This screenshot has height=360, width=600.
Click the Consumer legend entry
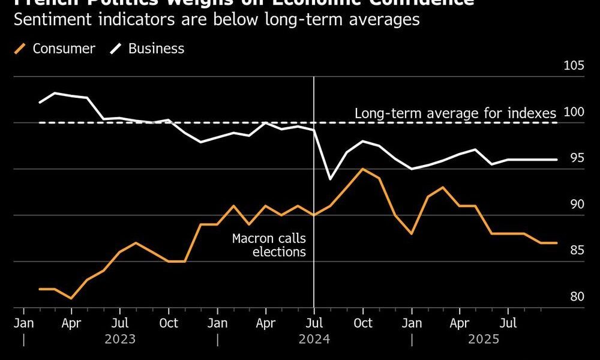pos(63,49)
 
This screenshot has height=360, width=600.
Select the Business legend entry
pos(156,49)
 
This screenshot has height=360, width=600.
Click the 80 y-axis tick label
pos(577,297)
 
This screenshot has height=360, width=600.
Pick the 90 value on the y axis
pos(577,205)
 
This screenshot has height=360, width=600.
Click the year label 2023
pos(120,339)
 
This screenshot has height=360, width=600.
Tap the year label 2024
pos(314,339)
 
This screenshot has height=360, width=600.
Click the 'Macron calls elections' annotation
pos(269,245)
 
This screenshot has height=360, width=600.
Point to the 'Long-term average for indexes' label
pos(455,113)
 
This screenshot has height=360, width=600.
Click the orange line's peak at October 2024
pos(362,169)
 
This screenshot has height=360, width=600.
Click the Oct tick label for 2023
pos(169,323)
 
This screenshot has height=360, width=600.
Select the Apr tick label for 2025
pos(460,323)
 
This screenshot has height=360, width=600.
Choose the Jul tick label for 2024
pos(314,323)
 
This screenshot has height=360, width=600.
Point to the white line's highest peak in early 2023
pos(55,93)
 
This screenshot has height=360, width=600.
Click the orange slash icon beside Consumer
pos(20,49)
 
